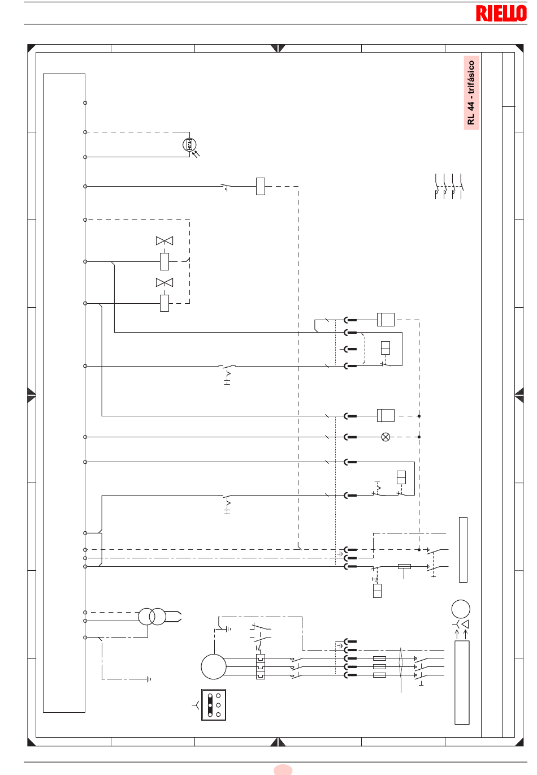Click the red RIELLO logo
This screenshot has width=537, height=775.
click(x=501, y=13)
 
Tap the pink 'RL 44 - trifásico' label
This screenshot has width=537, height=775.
click(x=471, y=93)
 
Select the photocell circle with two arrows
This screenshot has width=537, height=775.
click(x=189, y=145)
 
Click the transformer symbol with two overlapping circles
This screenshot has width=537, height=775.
click(x=152, y=616)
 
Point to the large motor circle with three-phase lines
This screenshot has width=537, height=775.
click(x=214, y=666)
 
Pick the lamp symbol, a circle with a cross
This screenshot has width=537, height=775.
click(x=386, y=437)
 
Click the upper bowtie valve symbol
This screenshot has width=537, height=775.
click(x=164, y=241)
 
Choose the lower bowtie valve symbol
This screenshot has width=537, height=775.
click(x=164, y=283)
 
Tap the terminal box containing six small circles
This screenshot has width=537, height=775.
click(x=214, y=705)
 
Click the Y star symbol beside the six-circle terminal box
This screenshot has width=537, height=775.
click(x=196, y=705)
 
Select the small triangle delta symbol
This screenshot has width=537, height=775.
click(x=465, y=624)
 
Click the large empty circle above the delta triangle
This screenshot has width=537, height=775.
click(x=461, y=609)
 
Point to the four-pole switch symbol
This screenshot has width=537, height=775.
click(x=449, y=186)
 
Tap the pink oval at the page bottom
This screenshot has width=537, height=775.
click(x=283, y=770)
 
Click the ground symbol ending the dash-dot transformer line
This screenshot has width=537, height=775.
click(x=149, y=679)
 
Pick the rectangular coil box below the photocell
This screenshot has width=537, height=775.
click(x=261, y=186)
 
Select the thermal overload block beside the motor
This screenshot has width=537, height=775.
click(x=261, y=666)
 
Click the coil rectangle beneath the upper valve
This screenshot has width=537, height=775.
click(x=164, y=261)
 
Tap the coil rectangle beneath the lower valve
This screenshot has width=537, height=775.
click(x=164, y=303)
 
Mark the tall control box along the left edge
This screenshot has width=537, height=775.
click(x=64, y=393)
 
